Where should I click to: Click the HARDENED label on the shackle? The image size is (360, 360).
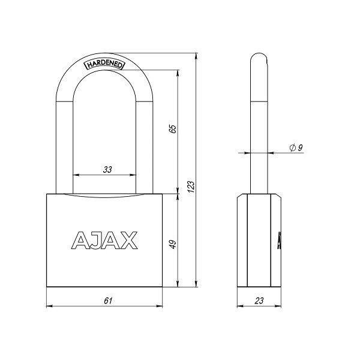(103, 64)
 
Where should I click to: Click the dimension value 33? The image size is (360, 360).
(107, 170)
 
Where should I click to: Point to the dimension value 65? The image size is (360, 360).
(172, 129)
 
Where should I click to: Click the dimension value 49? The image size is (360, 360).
(172, 244)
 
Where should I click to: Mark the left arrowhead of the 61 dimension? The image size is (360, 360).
(49, 306)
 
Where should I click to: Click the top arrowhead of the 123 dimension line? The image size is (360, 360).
(197, 56)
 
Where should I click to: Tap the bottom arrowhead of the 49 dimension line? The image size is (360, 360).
(178, 286)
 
